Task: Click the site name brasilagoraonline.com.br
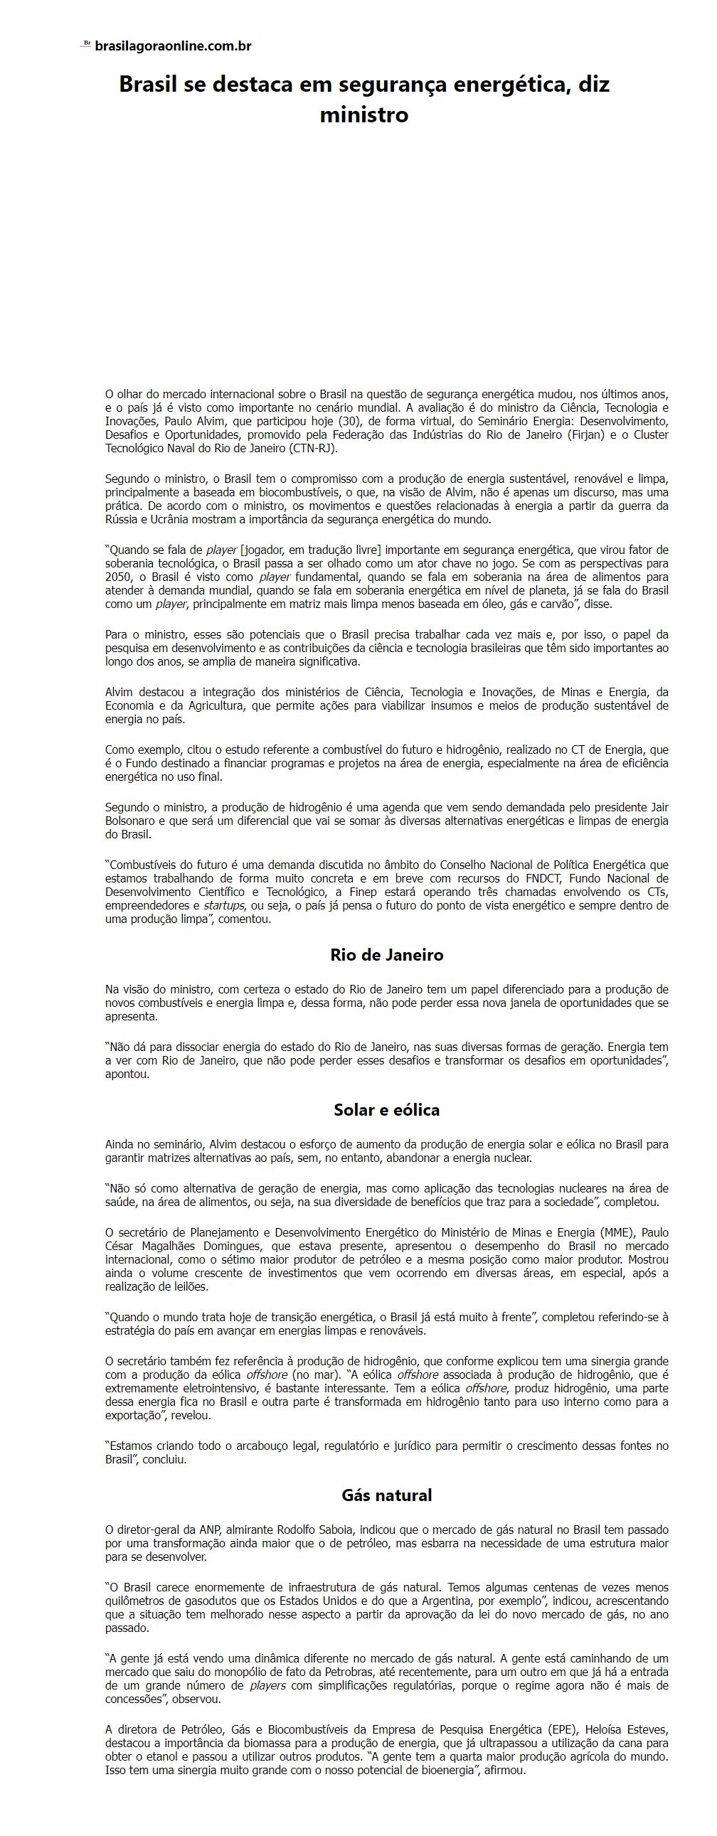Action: (173, 46)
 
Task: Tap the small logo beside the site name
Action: (86, 43)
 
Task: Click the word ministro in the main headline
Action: (363, 114)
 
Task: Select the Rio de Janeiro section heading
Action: (386, 954)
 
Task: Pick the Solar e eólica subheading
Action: (386, 1109)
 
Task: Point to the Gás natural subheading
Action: (386, 1495)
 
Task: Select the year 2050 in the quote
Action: (117, 577)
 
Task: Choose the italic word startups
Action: (224, 905)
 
